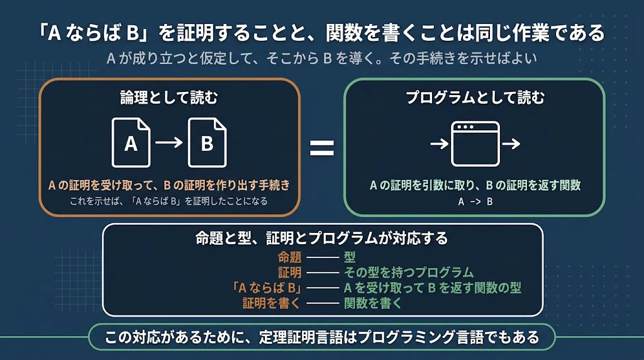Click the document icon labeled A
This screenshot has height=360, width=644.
(131, 143)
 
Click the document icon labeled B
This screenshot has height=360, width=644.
(207, 143)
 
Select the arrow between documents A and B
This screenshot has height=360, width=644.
(169, 143)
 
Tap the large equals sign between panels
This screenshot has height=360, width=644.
(321, 148)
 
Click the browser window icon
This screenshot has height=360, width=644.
(475, 144)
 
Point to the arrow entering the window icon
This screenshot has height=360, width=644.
(440, 144)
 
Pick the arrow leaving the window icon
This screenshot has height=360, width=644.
(511, 144)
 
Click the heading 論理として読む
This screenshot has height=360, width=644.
(169, 98)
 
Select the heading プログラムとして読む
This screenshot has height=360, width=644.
(475, 98)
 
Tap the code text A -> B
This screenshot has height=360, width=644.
(475, 202)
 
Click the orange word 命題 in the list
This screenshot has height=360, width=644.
(289, 257)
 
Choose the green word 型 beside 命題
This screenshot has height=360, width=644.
(350, 257)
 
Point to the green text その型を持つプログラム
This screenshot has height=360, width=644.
(409, 273)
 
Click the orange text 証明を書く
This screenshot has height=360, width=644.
(272, 303)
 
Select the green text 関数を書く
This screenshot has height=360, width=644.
(373, 303)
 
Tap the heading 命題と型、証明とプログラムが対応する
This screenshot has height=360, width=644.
(321, 239)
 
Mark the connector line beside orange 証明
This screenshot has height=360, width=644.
(323, 273)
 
